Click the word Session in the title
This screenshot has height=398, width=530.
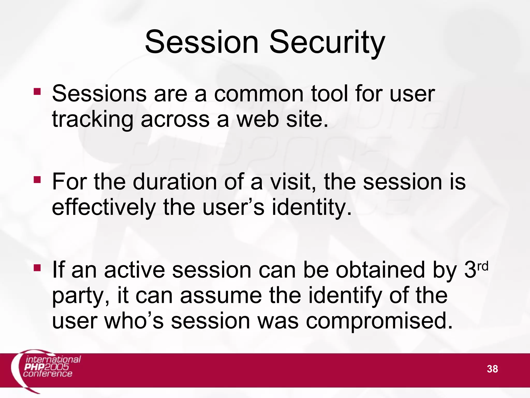click(202, 42)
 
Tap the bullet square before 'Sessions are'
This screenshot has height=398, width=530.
click(37, 91)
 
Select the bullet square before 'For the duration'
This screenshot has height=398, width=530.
click(37, 180)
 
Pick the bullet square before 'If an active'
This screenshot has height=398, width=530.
click(37, 268)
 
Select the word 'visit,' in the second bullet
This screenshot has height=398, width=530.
click(293, 182)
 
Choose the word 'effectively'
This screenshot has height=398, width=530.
click(104, 208)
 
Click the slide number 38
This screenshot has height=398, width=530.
click(492, 369)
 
